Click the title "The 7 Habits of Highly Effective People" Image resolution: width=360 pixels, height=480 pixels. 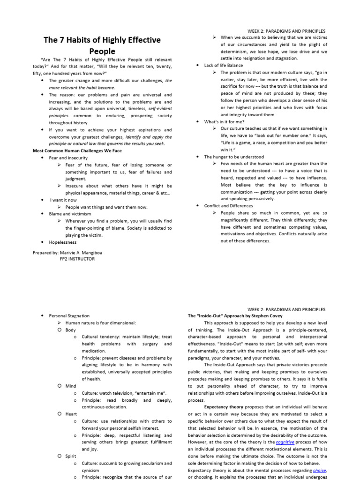pos(102,45)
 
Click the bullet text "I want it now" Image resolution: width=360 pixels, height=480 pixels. pos(63,200)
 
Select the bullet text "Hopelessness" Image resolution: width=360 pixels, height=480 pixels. pos(62,242)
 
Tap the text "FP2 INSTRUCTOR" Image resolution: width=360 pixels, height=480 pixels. pos(77,259)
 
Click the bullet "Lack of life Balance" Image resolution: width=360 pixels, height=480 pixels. pos(224,66)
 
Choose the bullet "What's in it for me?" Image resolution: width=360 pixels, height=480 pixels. pos(224,122)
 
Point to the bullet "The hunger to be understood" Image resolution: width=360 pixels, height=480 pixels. pos(234,157)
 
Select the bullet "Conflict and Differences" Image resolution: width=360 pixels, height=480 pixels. pos(228,206)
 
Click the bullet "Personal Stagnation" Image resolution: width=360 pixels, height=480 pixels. pos(69,316)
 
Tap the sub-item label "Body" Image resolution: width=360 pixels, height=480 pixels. pos(71,330)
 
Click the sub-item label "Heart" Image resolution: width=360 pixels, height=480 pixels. pos(71,414)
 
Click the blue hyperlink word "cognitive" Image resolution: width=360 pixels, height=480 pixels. pos(285,442)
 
